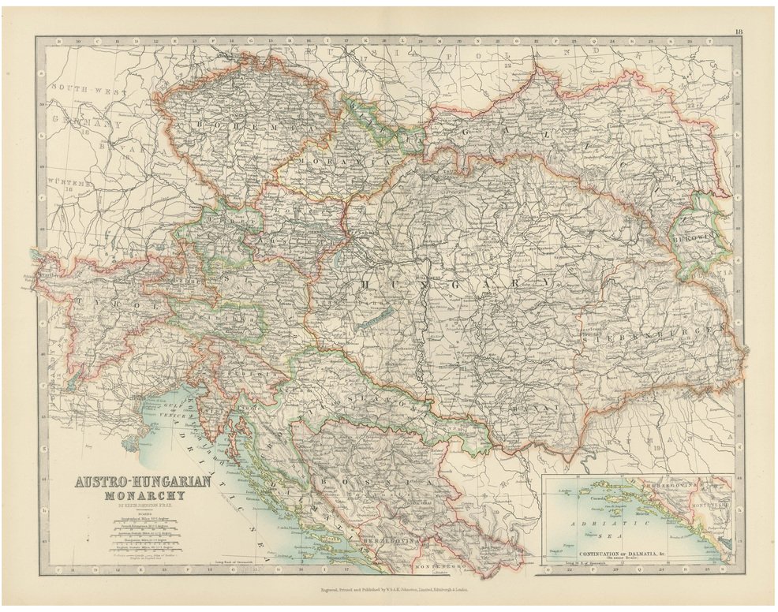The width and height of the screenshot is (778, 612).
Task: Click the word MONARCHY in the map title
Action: (143, 496)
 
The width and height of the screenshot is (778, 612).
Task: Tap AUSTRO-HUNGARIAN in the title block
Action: (143, 480)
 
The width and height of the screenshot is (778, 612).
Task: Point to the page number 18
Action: (737, 32)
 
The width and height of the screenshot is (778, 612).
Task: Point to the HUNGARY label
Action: (458, 282)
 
